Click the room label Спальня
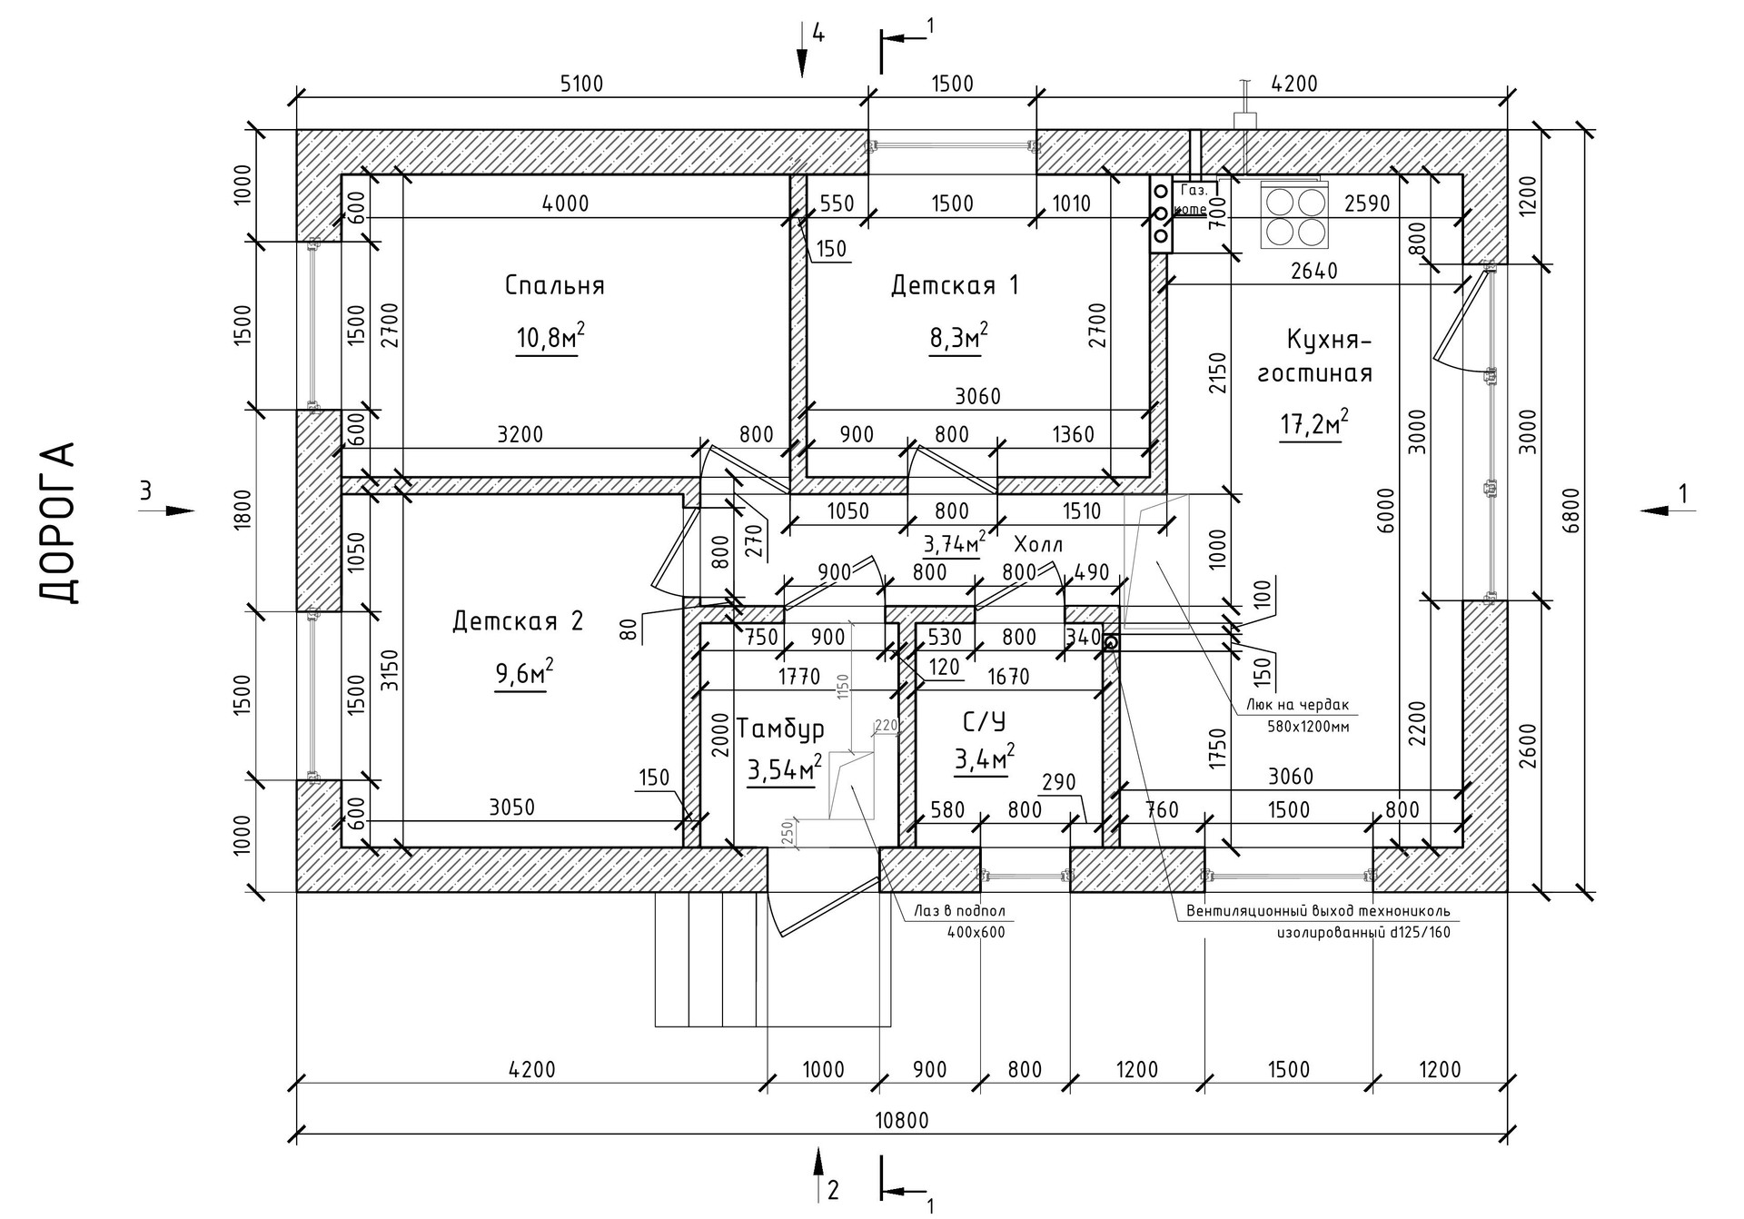click(554, 285)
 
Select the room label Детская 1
click(954, 285)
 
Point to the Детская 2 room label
click(518, 621)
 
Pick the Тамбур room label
click(780, 728)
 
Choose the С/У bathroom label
click(984, 722)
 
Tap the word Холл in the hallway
click(1037, 544)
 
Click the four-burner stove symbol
click(1294, 215)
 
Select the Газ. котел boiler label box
click(1192, 200)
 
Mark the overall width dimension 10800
click(901, 1120)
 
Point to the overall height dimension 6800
click(1572, 510)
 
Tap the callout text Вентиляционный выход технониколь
click(1318, 911)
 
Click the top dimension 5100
click(581, 84)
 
